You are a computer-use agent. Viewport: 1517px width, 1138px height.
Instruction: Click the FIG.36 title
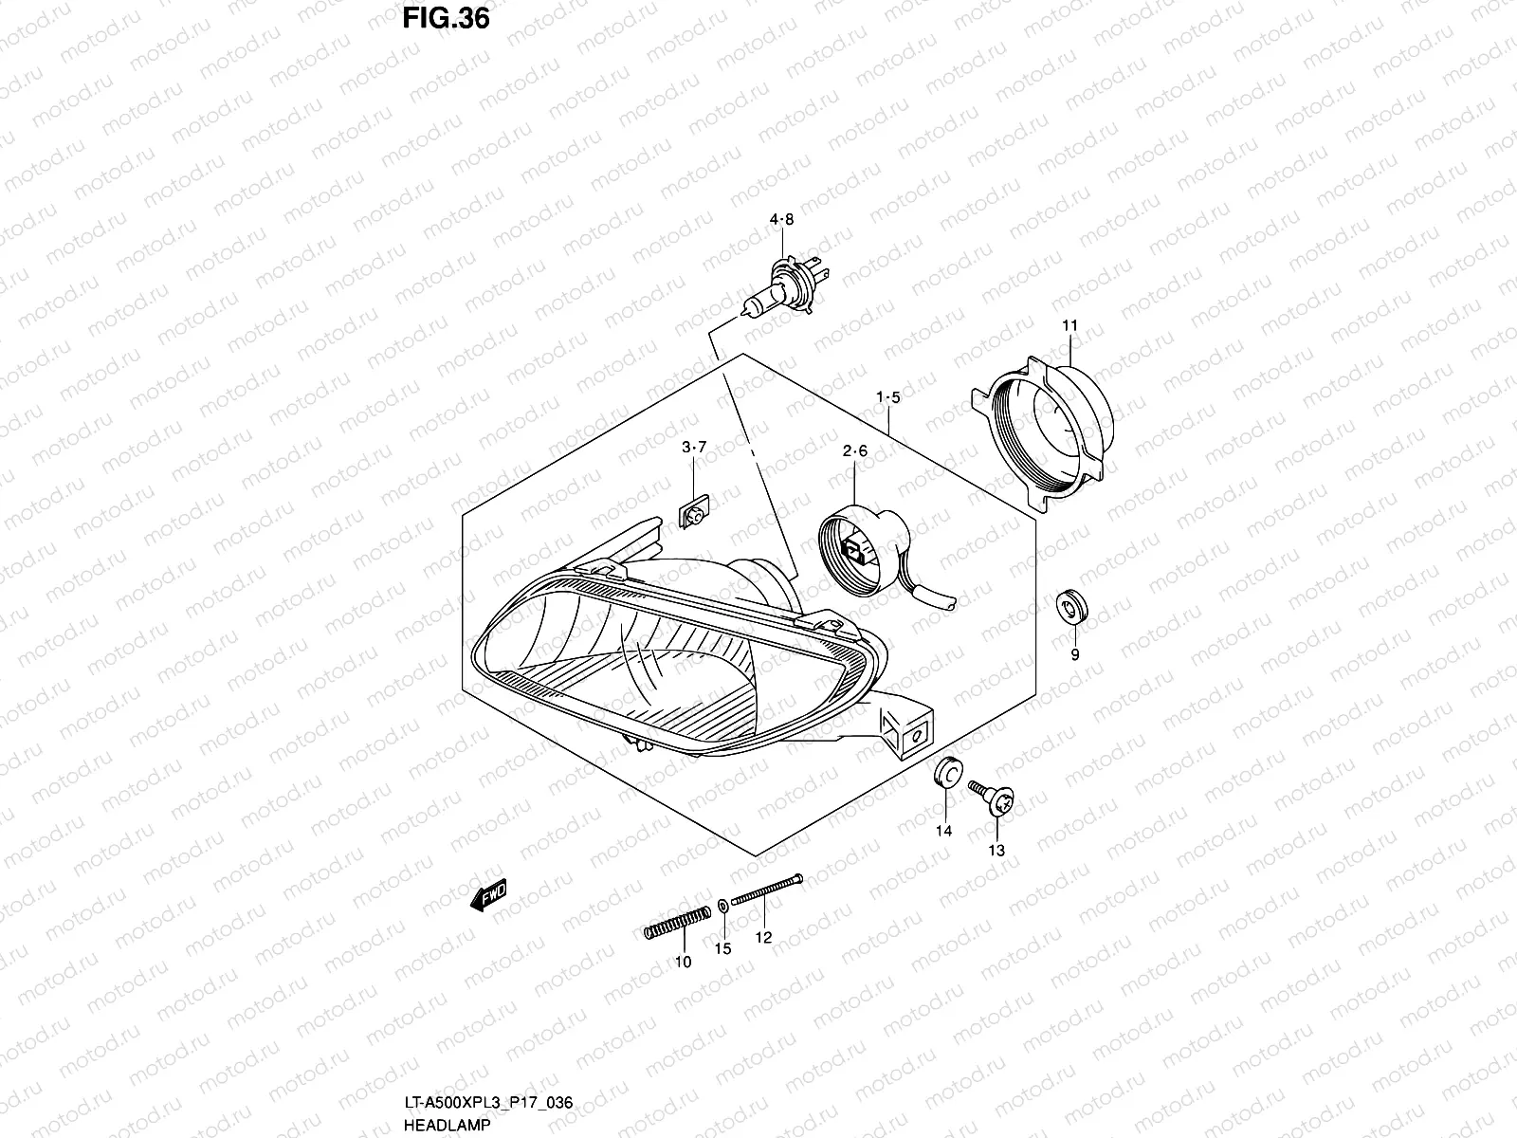tap(447, 18)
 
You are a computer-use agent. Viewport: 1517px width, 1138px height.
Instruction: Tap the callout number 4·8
tap(781, 220)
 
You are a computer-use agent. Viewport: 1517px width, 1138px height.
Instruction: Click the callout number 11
tap(1069, 326)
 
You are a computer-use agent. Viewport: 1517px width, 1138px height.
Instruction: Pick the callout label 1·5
tap(887, 396)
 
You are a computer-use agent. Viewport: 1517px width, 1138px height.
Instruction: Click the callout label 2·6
tap(855, 452)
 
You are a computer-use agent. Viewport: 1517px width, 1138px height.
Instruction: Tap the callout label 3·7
tap(695, 447)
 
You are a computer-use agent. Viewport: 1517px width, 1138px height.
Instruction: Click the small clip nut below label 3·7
tap(695, 513)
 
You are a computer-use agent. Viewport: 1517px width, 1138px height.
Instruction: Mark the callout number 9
tap(1075, 654)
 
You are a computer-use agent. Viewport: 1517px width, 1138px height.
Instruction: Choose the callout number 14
tap(944, 832)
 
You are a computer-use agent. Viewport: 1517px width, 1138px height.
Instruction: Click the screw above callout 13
tap(993, 798)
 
